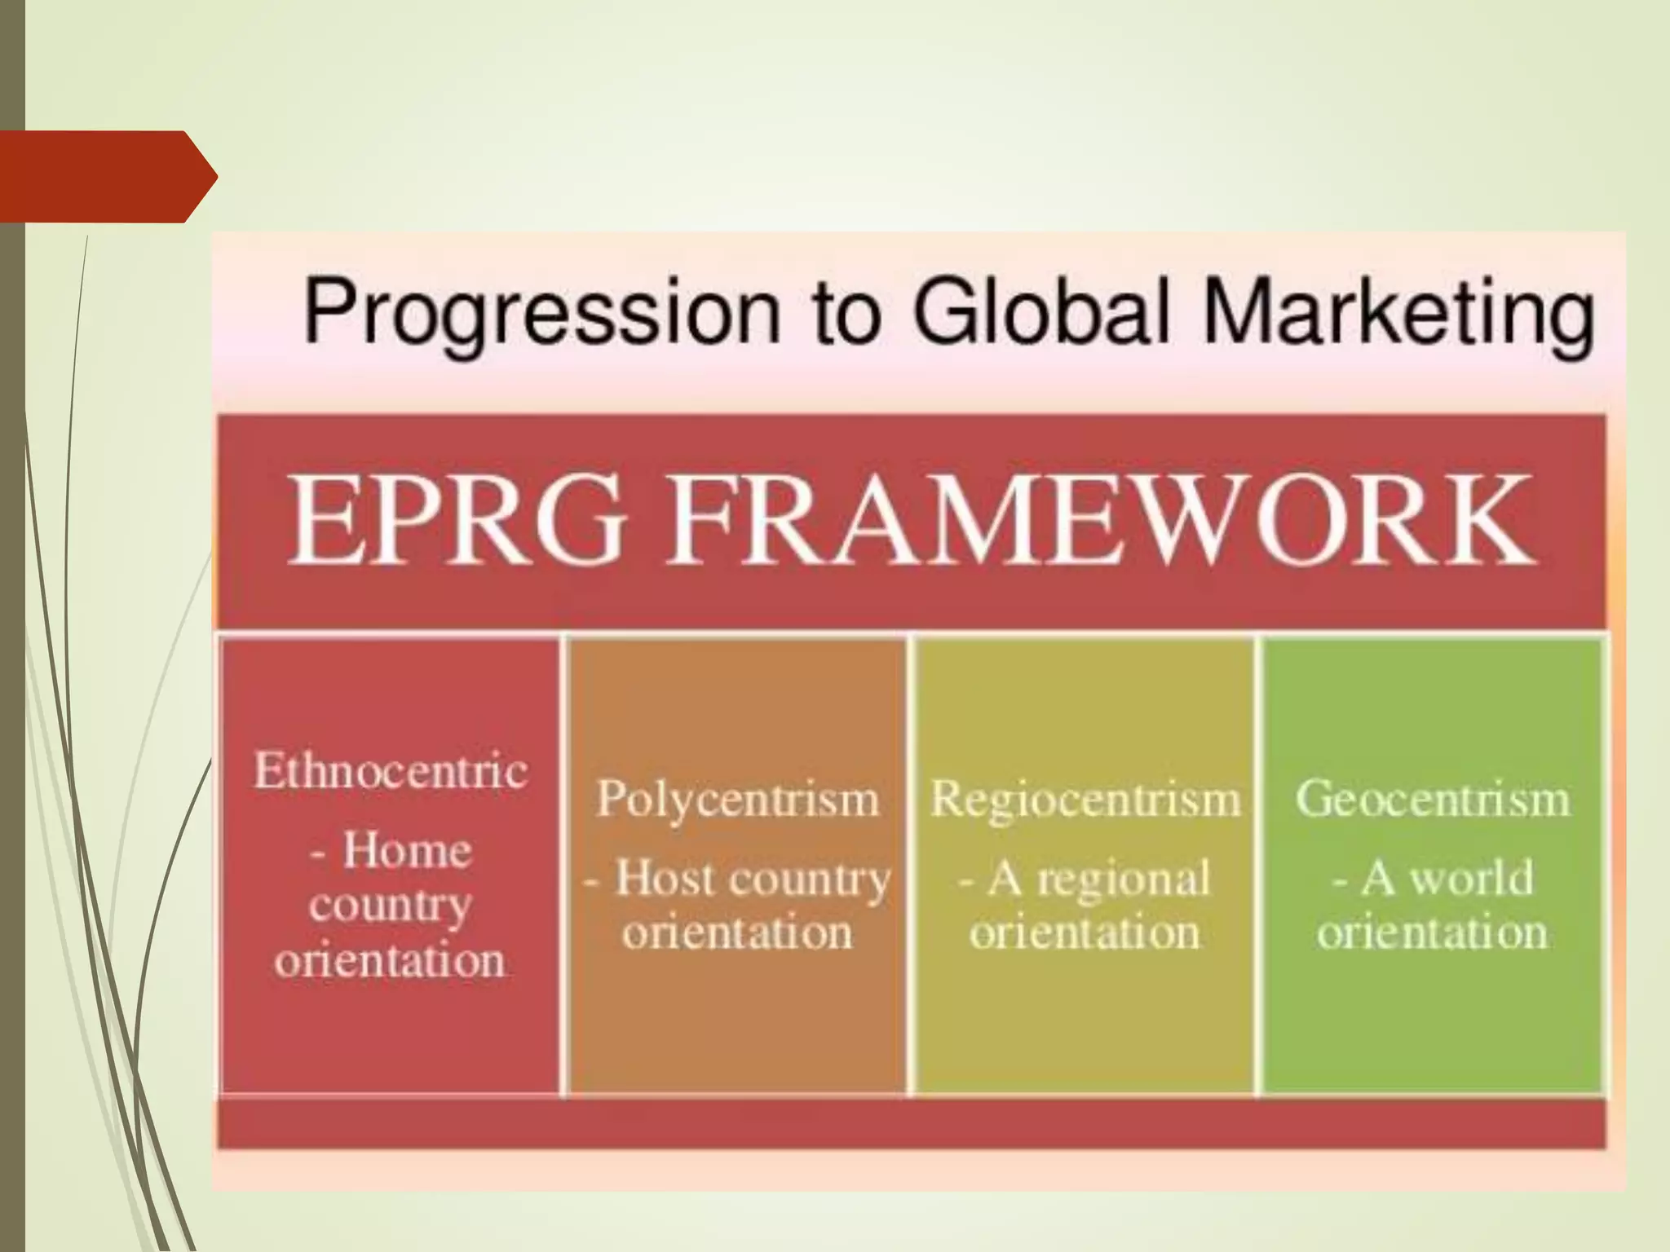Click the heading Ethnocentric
(391, 770)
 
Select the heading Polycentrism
(738, 798)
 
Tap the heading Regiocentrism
(1085, 798)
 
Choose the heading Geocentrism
(1433, 798)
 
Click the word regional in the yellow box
(1124, 879)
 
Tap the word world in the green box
(1472, 879)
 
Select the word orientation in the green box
(1433, 932)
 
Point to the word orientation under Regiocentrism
(1085, 932)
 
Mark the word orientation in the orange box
(738, 932)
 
